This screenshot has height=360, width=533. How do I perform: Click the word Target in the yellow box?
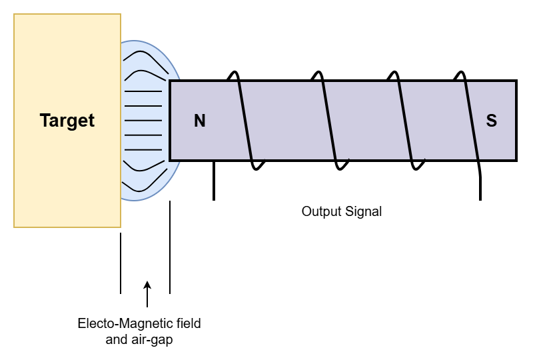[67, 121]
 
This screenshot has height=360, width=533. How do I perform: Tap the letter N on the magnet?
[199, 121]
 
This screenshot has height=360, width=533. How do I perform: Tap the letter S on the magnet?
[491, 121]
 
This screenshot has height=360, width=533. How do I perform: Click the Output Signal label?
[342, 211]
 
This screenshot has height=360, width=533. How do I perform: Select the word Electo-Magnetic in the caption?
[114, 324]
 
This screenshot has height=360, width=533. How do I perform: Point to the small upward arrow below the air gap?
[147, 293]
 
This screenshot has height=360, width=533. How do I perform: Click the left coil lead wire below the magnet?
[213, 181]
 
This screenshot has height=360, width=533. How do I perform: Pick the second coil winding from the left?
[326, 120]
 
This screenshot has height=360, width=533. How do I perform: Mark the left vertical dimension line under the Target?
[121, 263]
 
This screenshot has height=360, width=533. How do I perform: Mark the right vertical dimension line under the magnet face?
[170, 247]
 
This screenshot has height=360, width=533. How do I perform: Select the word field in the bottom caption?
[189, 324]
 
